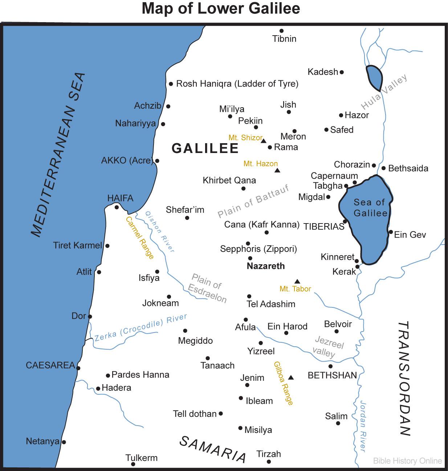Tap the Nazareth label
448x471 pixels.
click(x=266, y=266)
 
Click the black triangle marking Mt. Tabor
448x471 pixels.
click(x=297, y=281)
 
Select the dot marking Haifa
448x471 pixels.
click(x=117, y=207)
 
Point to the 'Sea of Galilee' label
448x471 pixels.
click(x=370, y=208)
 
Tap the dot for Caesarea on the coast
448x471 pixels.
click(x=78, y=368)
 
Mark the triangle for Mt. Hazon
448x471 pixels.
click(x=277, y=170)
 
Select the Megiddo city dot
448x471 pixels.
click(x=185, y=331)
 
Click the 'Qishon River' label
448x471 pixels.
click(x=160, y=232)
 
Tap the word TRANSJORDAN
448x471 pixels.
click(x=404, y=378)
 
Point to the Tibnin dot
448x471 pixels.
click(x=281, y=31)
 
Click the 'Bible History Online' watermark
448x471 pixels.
click(x=407, y=461)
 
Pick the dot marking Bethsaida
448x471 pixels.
click(x=383, y=168)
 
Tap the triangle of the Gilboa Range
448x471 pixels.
click(x=290, y=377)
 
